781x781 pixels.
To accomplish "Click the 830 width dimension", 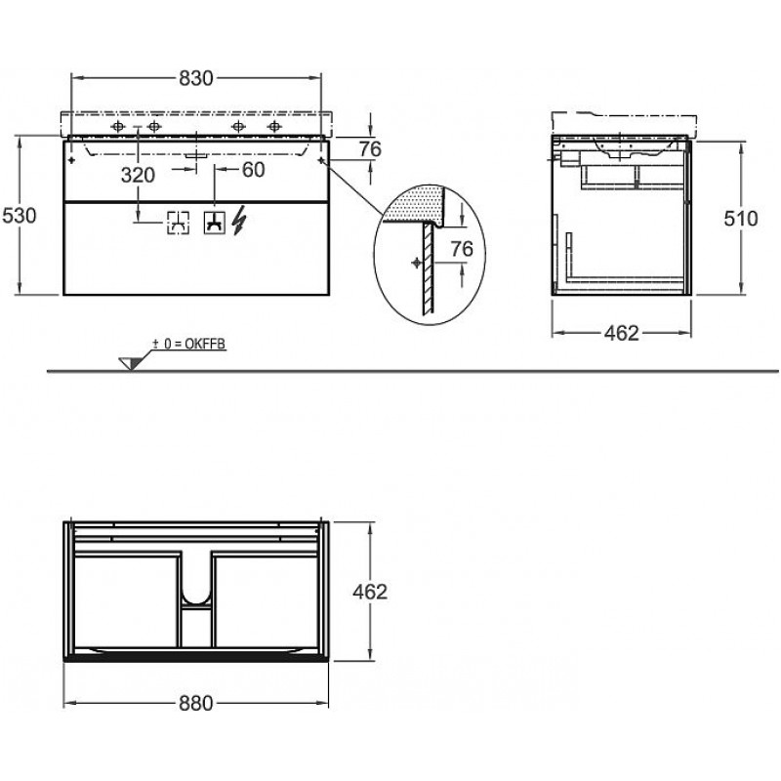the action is click(196, 78).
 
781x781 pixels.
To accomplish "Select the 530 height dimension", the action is click(20, 216).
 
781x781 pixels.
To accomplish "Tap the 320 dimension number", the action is click(138, 175).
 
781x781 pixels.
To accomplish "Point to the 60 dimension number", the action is click(253, 170).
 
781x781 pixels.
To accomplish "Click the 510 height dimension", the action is click(741, 218).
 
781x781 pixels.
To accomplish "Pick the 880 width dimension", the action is click(196, 703).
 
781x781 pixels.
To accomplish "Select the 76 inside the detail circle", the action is click(462, 249).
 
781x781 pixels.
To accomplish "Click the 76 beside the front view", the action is click(370, 149).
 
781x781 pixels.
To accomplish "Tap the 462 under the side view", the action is click(621, 333).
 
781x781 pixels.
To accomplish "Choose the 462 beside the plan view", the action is click(370, 592).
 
